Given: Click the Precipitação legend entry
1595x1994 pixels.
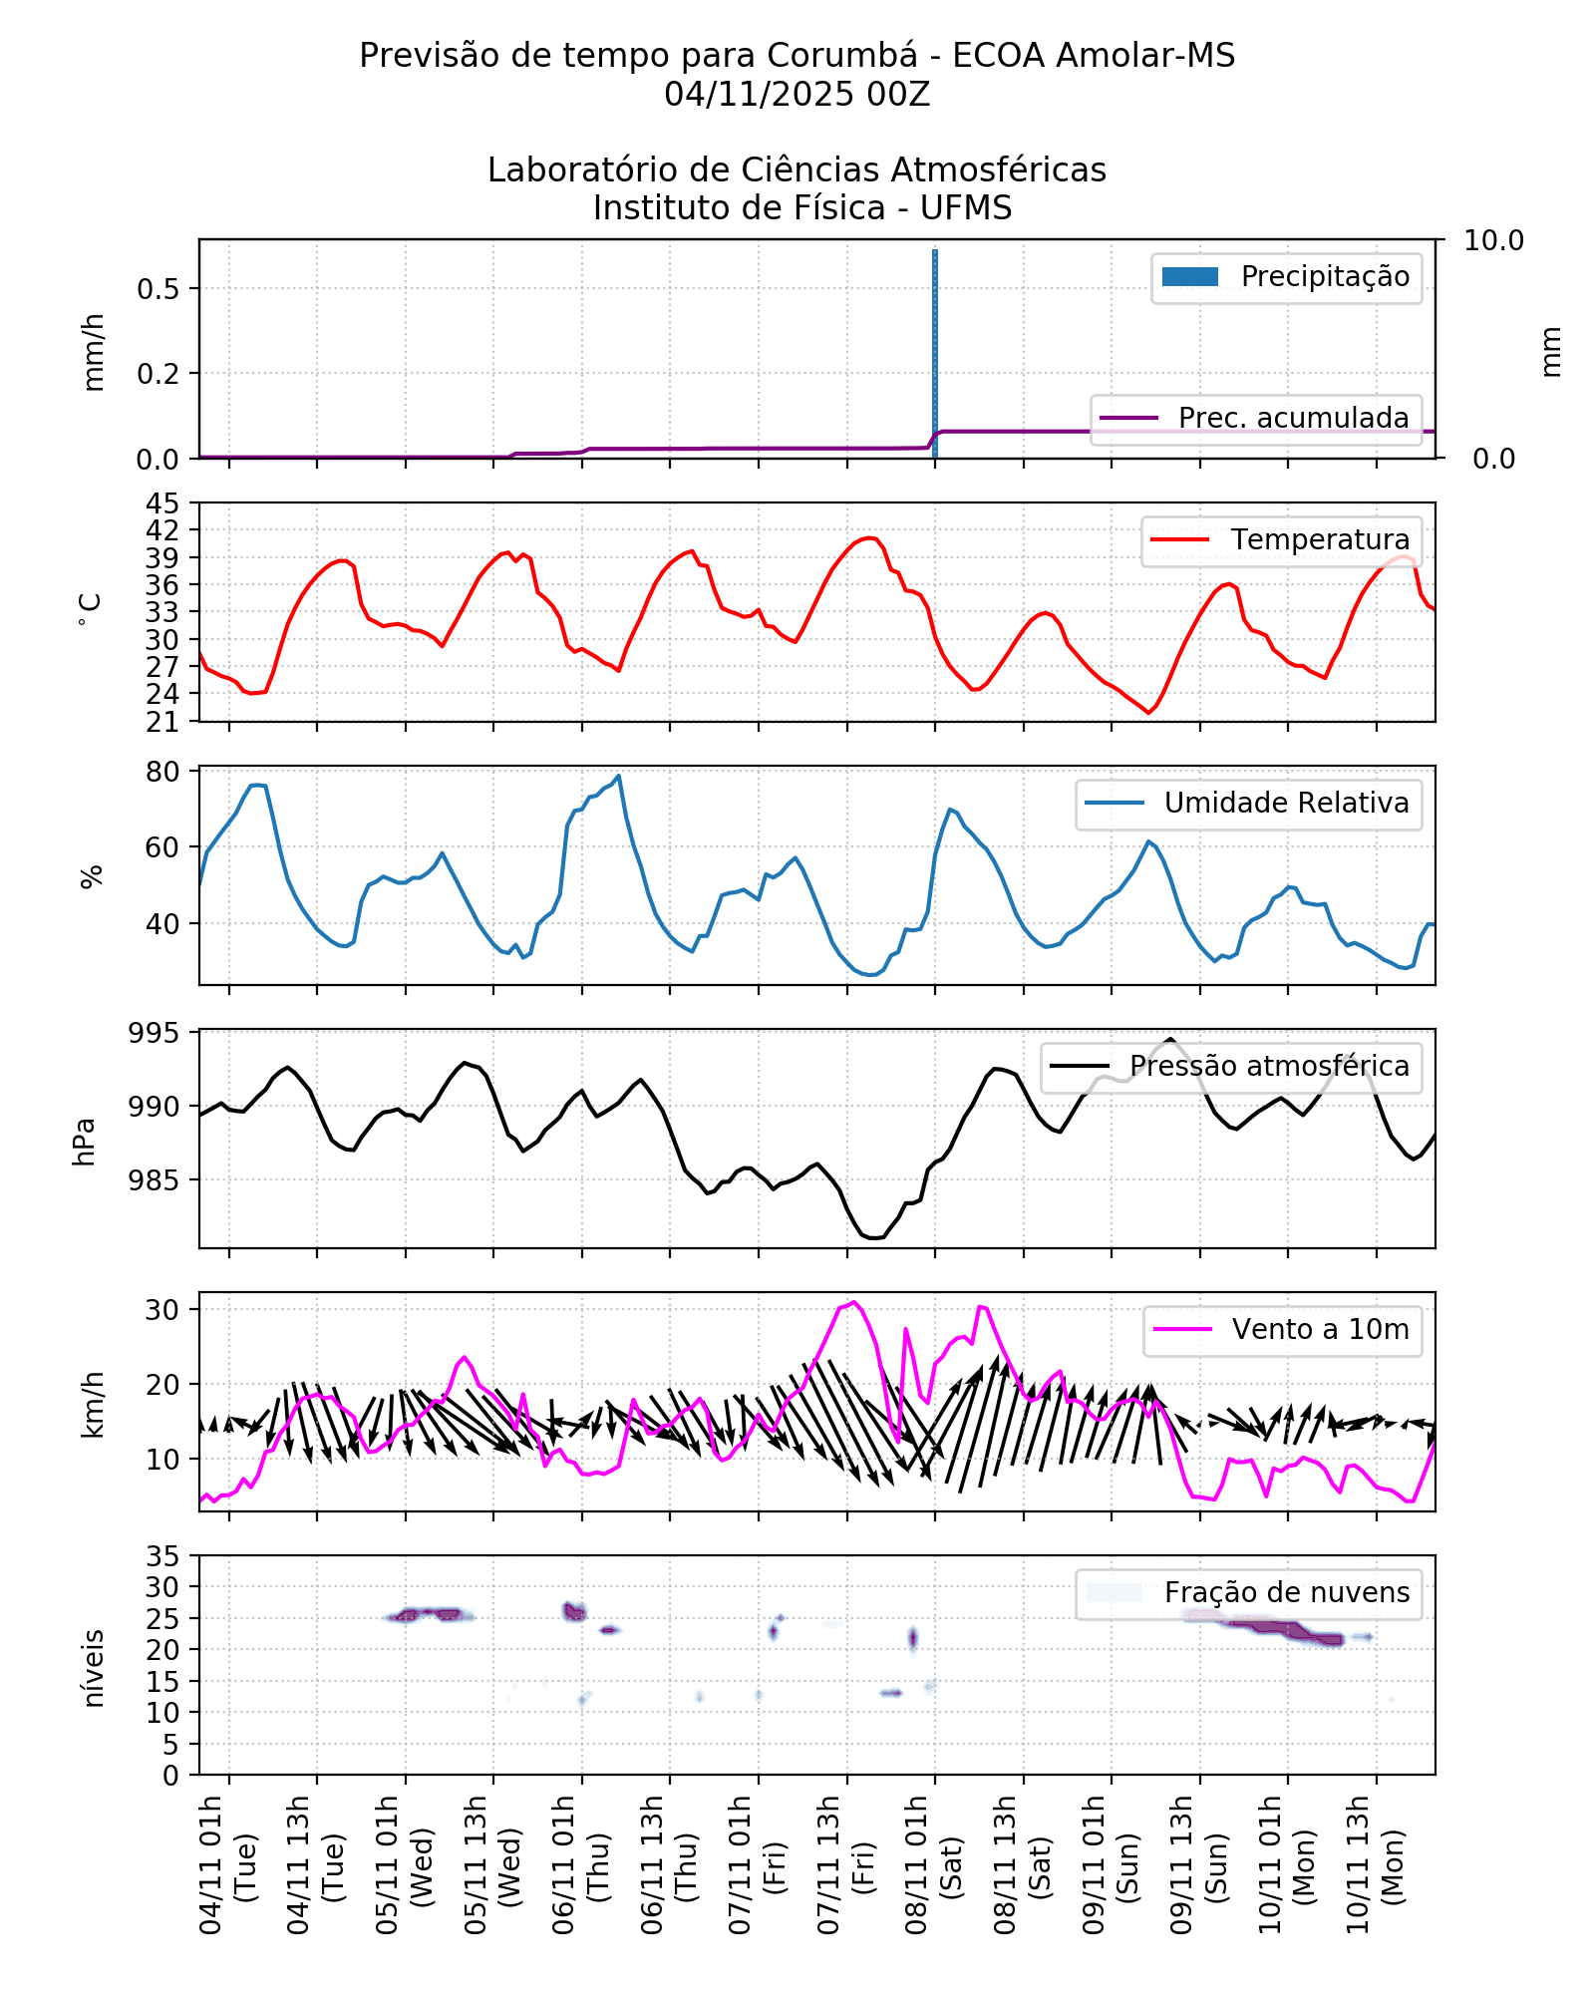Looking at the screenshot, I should click(1286, 277).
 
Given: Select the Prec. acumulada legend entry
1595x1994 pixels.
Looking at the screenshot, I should click(1256, 418).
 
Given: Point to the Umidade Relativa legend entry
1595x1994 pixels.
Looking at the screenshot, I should click(1248, 803).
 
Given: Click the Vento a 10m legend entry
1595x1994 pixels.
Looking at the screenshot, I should click(1282, 1329).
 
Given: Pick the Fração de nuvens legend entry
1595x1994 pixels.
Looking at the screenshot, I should click(1248, 1592).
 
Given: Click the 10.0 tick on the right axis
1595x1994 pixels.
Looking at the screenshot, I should click(1492, 240).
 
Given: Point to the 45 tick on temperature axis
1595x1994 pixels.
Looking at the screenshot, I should click(162, 502).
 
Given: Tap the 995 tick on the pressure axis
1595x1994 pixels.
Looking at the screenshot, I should click(155, 1033).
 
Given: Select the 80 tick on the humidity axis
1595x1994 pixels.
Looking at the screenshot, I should click(162, 772).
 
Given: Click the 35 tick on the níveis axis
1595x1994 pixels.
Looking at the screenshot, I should click(162, 1556).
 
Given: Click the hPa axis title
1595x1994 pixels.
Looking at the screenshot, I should click(85, 1141).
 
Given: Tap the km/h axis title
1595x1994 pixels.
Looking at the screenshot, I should click(92, 1404).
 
